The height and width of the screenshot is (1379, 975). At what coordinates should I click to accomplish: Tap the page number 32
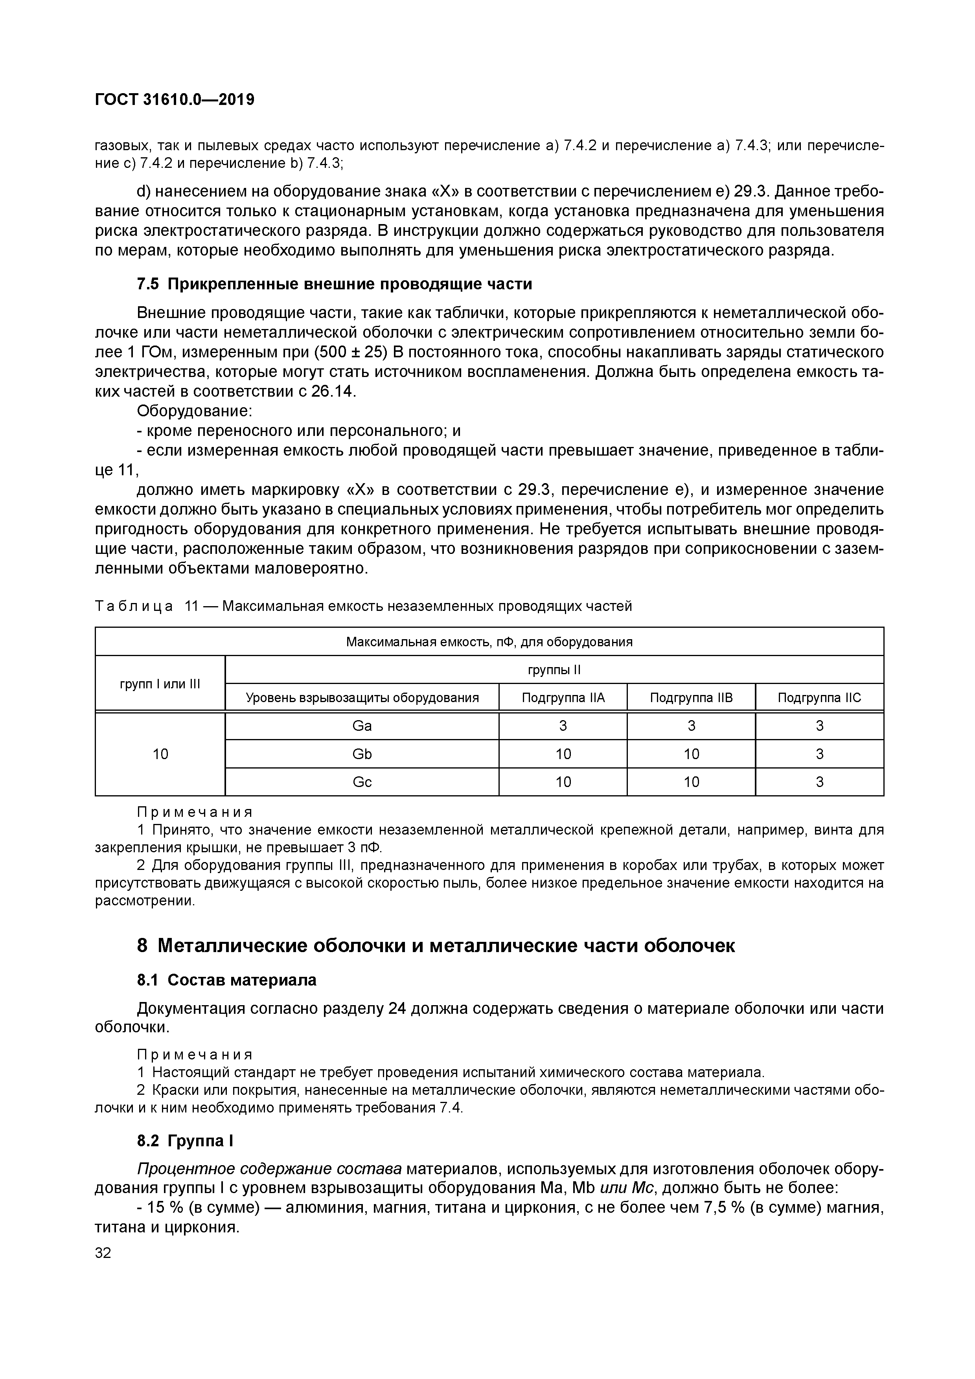[x=103, y=1253]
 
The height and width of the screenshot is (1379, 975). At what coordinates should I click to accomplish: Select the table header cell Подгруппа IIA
[x=563, y=697]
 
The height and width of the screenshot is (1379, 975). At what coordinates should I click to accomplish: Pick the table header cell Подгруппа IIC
[x=819, y=697]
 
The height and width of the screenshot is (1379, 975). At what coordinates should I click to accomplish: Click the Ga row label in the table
[x=362, y=726]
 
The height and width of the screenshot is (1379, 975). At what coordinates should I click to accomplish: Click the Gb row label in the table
[x=362, y=754]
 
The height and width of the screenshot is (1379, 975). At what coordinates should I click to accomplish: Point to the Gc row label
[x=362, y=781]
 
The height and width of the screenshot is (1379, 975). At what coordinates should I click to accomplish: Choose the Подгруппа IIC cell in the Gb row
[x=819, y=754]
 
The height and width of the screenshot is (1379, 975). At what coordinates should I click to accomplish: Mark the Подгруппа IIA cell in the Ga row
[x=563, y=726]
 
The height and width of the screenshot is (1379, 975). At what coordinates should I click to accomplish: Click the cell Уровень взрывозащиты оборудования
[x=362, y=697]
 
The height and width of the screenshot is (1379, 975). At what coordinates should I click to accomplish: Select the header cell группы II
[x=554, y=670]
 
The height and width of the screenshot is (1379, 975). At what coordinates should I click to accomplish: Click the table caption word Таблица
[x=134, y=606]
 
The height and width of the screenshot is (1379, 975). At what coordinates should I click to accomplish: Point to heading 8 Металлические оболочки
[x=436, y=945]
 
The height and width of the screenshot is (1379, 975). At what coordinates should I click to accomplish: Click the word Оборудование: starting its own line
[x=195, y=412]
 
